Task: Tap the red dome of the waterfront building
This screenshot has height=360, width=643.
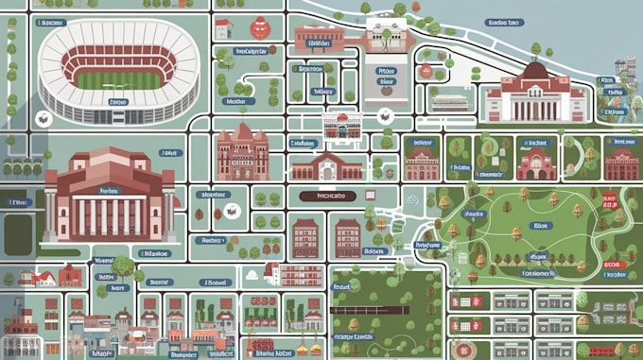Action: click(535, 69)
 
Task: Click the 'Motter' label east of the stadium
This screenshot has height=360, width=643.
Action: click(235, 102)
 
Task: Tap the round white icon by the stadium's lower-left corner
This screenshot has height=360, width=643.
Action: click(42, 119)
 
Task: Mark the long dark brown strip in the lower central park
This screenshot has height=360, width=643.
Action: click(370, 309)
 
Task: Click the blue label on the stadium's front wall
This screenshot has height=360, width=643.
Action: click(117, 101)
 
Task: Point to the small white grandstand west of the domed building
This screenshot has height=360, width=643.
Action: click(451, 101)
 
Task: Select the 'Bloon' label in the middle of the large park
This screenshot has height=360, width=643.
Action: click(540, 226)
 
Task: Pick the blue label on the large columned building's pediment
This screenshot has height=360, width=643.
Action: click(110, 189)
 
